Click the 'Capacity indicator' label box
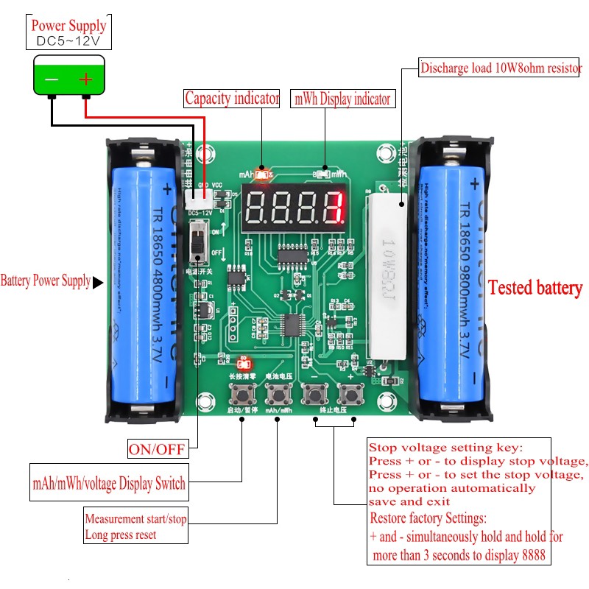231,98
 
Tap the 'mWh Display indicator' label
342,99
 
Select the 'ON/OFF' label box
157,448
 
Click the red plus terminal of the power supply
86,79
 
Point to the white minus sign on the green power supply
51,79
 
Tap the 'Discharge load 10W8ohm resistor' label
501,69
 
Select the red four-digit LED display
294,208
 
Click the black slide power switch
198,242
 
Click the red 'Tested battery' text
535,288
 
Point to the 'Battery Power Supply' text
46,281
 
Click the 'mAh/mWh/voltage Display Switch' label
109,484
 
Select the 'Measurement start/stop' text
135,519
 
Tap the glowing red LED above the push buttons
242,363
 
